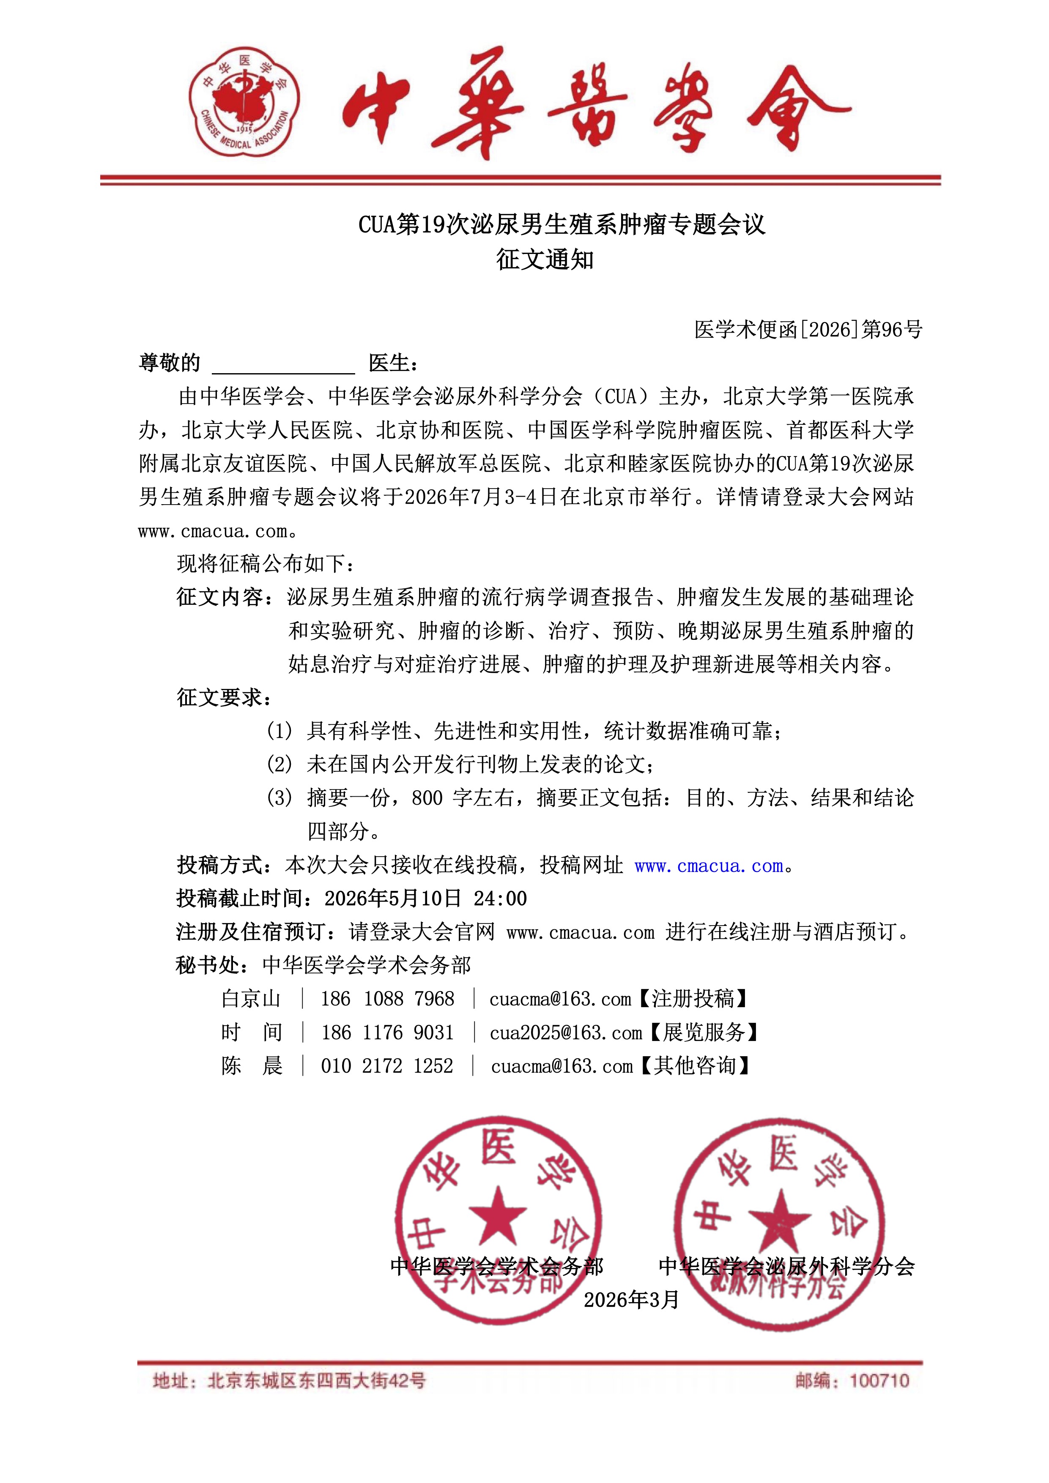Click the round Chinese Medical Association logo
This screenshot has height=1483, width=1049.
tap(244, 101)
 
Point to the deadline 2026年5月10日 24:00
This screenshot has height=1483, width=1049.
tap(425, 899)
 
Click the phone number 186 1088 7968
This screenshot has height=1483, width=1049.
tap(387, 999)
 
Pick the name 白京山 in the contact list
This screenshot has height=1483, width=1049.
tap(251, 999)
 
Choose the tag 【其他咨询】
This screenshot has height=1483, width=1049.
tap(694, 1066)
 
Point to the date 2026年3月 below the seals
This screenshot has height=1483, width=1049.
tap(631, 1299)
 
